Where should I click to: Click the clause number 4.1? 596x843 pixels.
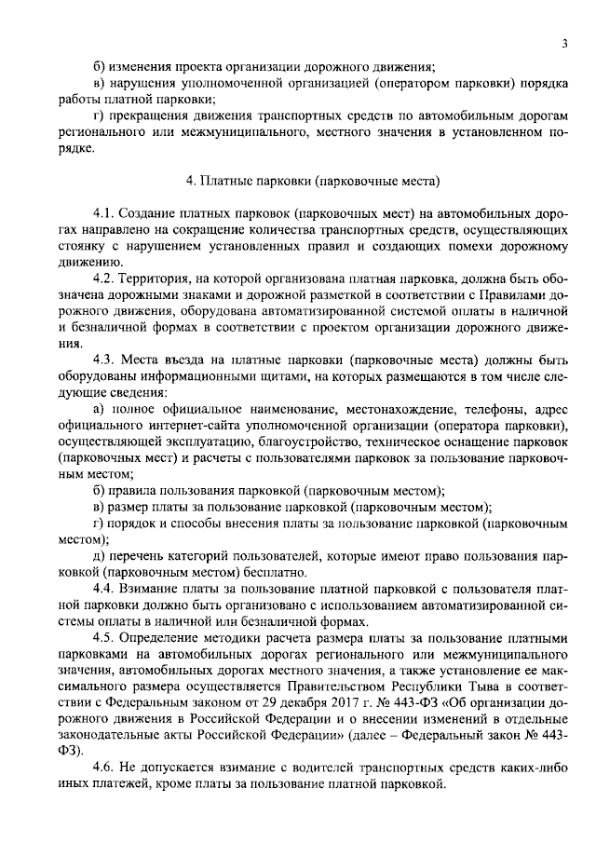click(x=105, y=214)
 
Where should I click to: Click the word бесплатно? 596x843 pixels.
click(x=279, y=573)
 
